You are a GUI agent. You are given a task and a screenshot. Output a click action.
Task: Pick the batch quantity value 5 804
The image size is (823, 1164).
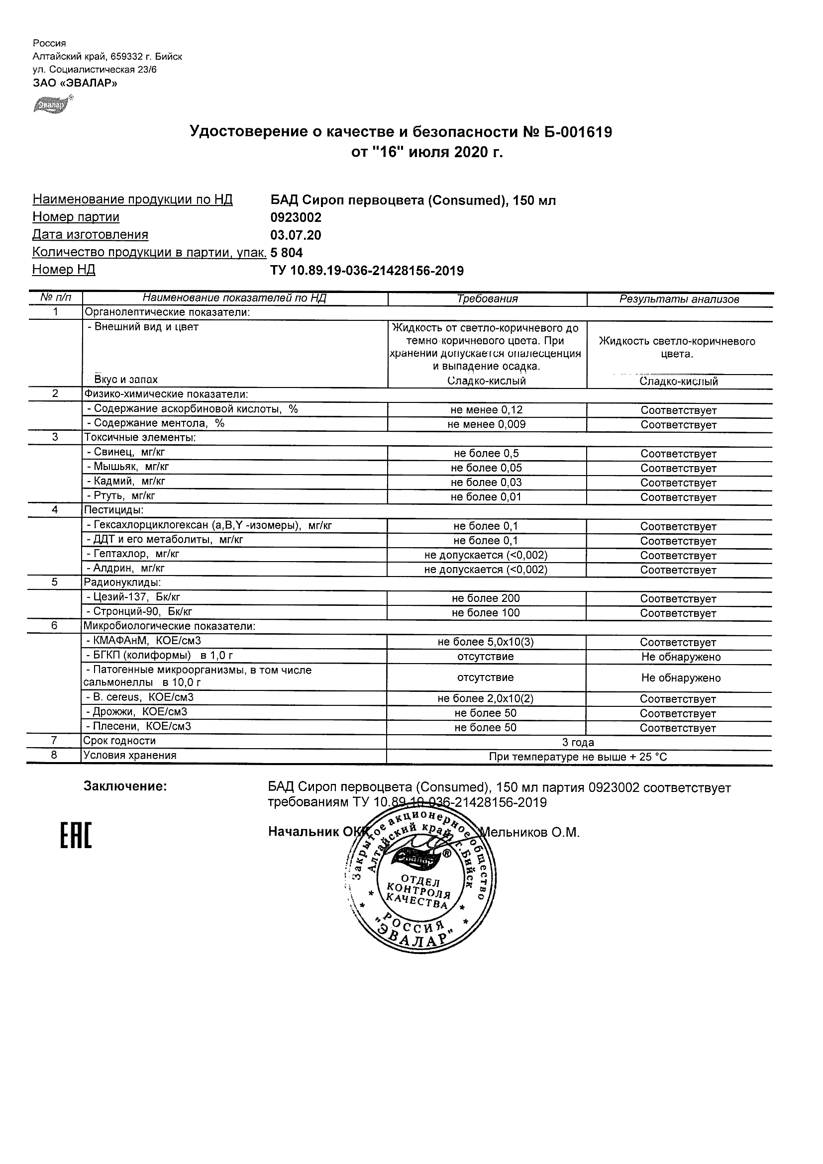point(287,253)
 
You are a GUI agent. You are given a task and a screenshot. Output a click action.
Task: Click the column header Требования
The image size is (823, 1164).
point(487,299)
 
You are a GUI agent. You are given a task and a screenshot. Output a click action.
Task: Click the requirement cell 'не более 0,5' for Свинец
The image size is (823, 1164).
point(486,454)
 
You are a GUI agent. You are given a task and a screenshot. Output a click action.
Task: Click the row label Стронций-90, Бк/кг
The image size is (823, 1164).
point(139,612)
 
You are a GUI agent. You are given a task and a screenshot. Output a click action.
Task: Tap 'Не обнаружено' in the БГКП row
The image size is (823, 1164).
point(681,657)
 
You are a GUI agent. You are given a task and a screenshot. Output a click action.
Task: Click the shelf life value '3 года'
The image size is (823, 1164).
point(578,743)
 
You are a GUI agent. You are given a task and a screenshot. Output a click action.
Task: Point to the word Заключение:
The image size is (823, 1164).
point(125,786)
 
